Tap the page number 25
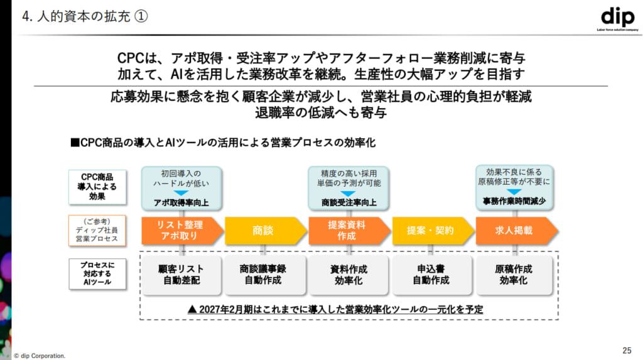point(626,349)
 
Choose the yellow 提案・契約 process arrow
point(431,231)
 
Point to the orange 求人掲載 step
point(514,231)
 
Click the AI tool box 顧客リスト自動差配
point(181,275)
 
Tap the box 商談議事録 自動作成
point(263,275)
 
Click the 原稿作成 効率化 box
point(514,275)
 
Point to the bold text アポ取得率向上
point(181,203)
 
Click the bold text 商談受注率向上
point(349,203)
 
